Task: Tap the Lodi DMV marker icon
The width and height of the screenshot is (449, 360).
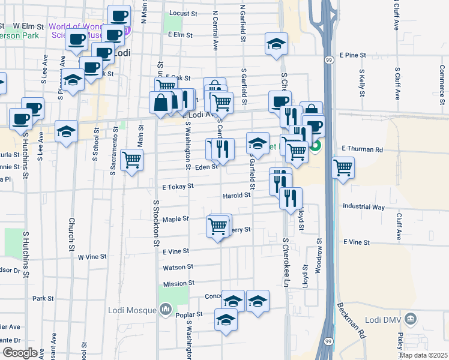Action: (411, 317)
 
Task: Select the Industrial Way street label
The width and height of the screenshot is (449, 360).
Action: (363, 207)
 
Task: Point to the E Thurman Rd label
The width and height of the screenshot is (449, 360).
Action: (361, 148)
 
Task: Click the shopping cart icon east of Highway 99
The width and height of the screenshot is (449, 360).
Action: (343, 168)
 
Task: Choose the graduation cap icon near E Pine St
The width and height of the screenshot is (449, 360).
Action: (276, 44)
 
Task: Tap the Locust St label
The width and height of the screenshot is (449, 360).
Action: (183, 13)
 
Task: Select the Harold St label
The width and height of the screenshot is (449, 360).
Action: (237, 196)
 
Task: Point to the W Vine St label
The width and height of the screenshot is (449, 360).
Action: (92, 256)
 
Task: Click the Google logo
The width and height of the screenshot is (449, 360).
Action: (20, 352)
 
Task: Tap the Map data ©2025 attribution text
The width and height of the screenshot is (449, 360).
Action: (423, 355)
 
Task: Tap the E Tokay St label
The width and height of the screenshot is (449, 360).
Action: (177, 187)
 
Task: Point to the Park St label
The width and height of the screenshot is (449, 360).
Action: (43, 298)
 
